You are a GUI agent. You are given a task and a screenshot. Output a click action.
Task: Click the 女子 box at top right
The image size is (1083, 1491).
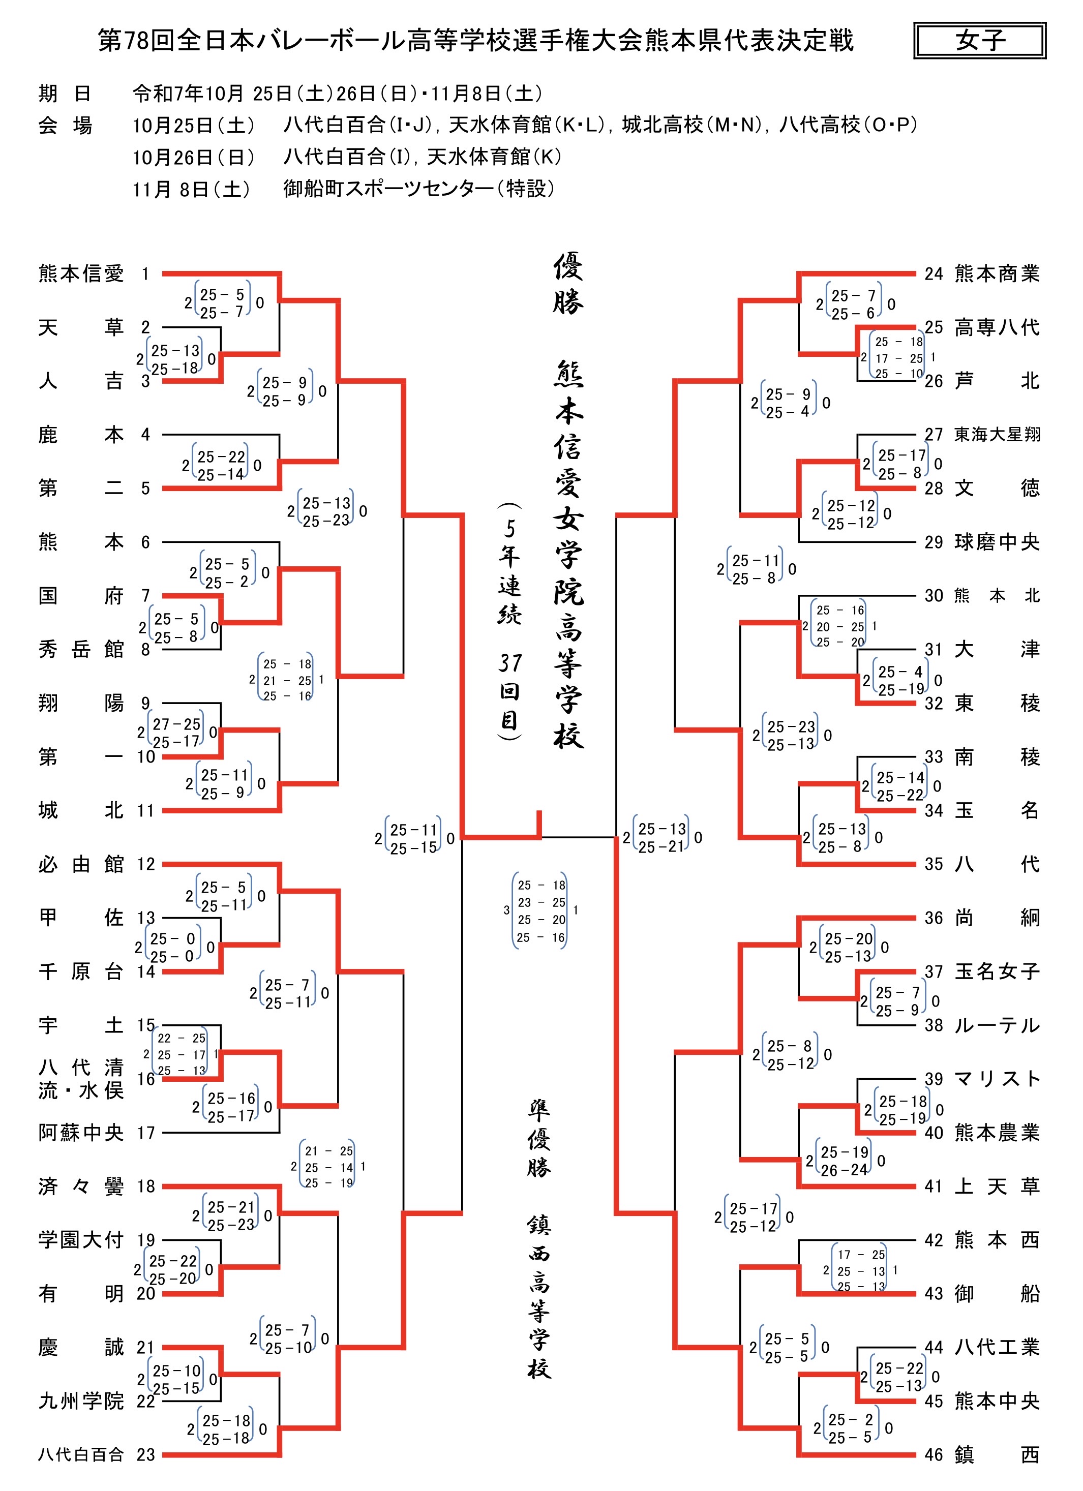(x=979, y=41)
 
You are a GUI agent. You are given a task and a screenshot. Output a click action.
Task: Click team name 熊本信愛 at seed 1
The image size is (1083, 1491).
(x=81, y=273)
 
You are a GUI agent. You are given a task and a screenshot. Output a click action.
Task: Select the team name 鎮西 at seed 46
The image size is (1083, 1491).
(x=997, y=1454)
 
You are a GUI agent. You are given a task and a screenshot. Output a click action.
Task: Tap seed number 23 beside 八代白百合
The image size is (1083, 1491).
(x=145, y=1454)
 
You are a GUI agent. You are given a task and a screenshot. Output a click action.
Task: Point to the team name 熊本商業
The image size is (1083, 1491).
(x=997, y=273)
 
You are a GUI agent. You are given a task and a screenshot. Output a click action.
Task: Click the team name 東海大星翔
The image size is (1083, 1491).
(x=997, y=435)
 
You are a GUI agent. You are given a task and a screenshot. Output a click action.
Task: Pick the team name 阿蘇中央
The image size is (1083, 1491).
(x=81, y=1132)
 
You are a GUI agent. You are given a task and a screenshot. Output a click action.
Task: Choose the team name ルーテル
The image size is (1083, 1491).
(x=997, y=1025)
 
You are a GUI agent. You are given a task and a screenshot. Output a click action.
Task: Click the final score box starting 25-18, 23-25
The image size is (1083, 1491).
(x=540, y=910)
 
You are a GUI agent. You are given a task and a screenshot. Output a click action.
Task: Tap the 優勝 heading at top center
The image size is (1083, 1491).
(x=568, y=284)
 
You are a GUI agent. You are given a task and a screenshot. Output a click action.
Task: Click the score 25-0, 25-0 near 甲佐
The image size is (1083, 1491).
(x=173, y=948)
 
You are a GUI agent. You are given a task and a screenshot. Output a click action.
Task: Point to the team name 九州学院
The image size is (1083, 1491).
(x=81, y=1401)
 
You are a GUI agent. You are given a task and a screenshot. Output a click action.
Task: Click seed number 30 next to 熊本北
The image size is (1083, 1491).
(x=934, y=596)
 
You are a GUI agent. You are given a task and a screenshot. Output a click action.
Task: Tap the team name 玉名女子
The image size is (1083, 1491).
(x=997, y=971)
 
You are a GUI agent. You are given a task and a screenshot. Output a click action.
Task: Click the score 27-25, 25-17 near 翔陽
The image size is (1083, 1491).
(x=176, y=733)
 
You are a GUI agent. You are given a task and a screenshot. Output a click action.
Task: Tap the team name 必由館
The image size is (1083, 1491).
(x=81, y=864)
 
